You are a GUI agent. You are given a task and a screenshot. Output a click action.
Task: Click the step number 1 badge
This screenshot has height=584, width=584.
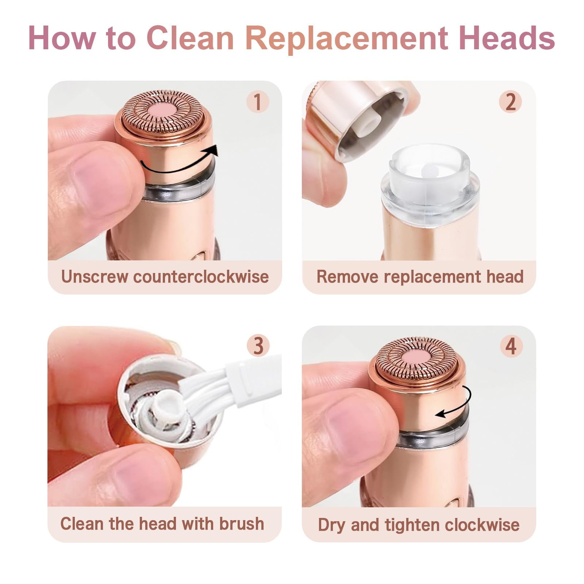pyautogui.click(x=257, y=101)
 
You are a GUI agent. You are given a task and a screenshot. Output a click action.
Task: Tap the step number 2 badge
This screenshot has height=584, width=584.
pyautogui.click(x=510, y=101)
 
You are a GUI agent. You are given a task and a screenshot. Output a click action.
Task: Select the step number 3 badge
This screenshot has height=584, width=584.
pyautogui.click(x=258, y=345)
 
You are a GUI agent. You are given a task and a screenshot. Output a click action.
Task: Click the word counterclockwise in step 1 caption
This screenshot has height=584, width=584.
pyautogui.click(x=201, y=276)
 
